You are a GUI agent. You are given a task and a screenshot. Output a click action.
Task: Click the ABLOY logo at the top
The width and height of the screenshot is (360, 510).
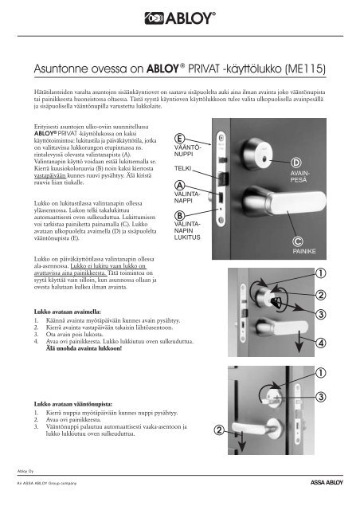pyautogui.click(x=180, y=18)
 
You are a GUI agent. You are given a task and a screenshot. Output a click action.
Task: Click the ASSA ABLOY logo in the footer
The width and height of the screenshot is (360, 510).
pyautogui.click(x=327, y=483)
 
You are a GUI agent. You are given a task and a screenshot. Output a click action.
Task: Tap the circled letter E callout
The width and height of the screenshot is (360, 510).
pyautogui.click(x=179, y=138)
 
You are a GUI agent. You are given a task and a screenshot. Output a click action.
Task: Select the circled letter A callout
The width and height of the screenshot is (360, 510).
pyautogui.click(x=179, y=186)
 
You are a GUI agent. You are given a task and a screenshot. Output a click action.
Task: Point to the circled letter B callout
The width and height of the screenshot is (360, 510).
pyautogui.click(x=179, y=216)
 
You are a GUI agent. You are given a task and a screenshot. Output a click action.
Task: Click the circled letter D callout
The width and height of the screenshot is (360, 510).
pyautogui.click(x=295, y=163)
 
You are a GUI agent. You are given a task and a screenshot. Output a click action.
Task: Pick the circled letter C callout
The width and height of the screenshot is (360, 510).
pyautogui.click(x=298, y=241)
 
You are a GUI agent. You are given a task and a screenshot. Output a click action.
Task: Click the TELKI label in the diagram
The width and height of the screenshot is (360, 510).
pyautogui.click(x=182, y=168)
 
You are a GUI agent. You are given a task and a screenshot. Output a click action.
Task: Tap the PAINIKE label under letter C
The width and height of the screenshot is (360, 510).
pyautogui.click(x=304, y=251)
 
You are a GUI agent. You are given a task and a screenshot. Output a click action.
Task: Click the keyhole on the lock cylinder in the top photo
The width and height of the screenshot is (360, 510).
pyautogui.click(x=264, y=159)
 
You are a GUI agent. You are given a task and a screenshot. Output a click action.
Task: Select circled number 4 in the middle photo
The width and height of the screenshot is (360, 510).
pyautogui.click(x=321, y=343)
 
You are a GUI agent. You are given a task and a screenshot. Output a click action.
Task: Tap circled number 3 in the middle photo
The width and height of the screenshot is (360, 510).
pyautogui.click(x=321, y=314)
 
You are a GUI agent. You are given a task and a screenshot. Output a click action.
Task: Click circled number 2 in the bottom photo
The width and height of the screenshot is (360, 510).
pyautogui.click(x=219, y=430)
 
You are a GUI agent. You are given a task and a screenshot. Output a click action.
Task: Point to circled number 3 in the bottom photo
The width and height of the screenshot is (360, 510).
pyautogui.click(x=321, y=397)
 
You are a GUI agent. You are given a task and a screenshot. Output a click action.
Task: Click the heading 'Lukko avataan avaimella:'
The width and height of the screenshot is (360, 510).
pyautogui.click(x=68, y=312)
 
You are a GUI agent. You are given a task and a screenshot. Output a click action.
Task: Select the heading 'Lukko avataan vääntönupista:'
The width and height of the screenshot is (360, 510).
pyautogui.click(x=73, y=404)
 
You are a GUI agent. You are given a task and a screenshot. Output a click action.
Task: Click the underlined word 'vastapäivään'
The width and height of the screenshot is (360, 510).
pyautogui.click(x=50, y=175)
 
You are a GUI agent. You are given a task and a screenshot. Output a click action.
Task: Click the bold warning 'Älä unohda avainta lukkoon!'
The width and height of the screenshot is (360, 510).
pyautogui.click(x=84, y=348)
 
